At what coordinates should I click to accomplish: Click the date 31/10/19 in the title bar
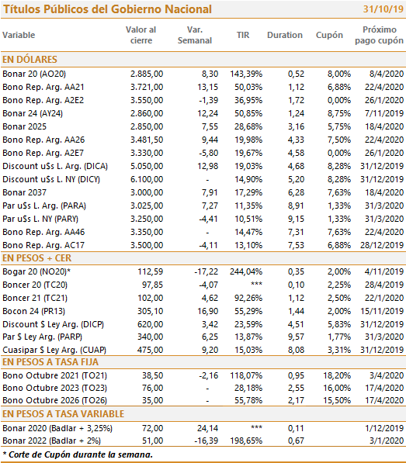tap(383, 9)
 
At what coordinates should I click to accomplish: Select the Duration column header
tap(285, 35)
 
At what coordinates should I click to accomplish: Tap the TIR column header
tap(243, 35)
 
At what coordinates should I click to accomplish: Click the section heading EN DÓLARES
tap(29, 60)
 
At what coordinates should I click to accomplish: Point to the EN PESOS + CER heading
tap(37, 258)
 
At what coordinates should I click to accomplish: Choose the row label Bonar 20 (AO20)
tap(34, 74)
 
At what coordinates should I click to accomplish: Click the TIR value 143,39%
tap(246, 74)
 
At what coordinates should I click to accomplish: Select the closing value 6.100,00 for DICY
tap(147, 179)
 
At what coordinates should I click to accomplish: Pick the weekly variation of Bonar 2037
tap(210, 192)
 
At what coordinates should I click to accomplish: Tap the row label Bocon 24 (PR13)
tap(33, 311)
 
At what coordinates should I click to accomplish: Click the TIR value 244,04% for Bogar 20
tap(246, 271)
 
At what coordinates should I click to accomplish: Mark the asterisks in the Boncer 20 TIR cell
tap(256, 284)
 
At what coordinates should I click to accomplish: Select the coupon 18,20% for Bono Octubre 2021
tap(337, 375)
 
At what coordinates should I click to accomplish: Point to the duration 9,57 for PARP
tap(296, 337)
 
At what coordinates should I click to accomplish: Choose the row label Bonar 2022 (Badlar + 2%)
tap(51, 441)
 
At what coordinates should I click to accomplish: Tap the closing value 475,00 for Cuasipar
tap(150, 350)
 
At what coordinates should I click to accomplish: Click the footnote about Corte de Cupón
tap(78, 454)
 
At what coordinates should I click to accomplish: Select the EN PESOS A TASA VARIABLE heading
tap(63, 414)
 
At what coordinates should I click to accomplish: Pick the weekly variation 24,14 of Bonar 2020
tap(208, 428)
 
